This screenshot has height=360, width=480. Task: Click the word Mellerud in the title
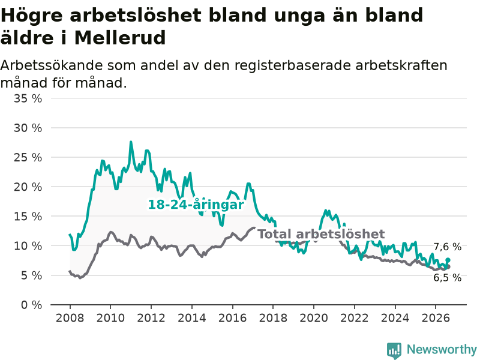click(x=120, y=38)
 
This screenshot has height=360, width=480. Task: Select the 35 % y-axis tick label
click(x=28, y=98)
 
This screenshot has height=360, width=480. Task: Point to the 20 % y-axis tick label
click(x=28, y=187)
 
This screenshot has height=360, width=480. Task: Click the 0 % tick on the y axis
click(x=31, y=305)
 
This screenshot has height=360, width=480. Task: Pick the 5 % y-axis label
click(x=31, y=275)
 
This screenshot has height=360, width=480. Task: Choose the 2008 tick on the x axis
click(x=70, y=318)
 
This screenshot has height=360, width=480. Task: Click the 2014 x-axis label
click(x=192, y=318)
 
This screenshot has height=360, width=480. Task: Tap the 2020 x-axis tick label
click(x=314, y=318)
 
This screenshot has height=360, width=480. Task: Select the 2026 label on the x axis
click(x=436, y=318)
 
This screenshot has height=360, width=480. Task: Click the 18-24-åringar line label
click(x=196, y=205)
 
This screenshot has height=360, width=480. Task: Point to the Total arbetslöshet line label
click(x=321, y=234)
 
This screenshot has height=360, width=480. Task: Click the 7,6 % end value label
click(x=447, y=247)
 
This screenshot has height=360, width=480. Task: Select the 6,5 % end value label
click(x=447, y=278)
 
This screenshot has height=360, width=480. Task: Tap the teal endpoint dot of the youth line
click(x=448, y=260)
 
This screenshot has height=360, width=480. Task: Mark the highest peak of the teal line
click(x=131, y=142)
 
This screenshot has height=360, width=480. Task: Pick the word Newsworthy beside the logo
click(x=442, y=349)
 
